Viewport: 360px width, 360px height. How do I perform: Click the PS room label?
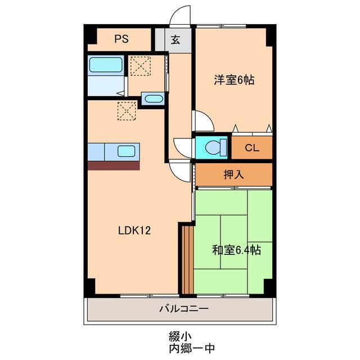point(121,39)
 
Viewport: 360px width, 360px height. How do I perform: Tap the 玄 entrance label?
point(175,40)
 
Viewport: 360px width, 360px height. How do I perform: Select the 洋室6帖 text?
point(233,80)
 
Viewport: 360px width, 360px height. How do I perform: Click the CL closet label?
point(251,148)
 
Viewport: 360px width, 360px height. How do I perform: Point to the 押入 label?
point(233,174)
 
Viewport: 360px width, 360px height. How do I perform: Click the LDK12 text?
point(134,230)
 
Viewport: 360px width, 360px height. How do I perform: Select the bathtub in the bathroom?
point(106,65)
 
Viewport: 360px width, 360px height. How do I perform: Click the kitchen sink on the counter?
point(126,151)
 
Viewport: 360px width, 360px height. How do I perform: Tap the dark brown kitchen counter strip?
point(114,165)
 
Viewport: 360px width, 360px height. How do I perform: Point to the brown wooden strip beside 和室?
point(188,259)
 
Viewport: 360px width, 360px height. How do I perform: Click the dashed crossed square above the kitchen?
point(127,110)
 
